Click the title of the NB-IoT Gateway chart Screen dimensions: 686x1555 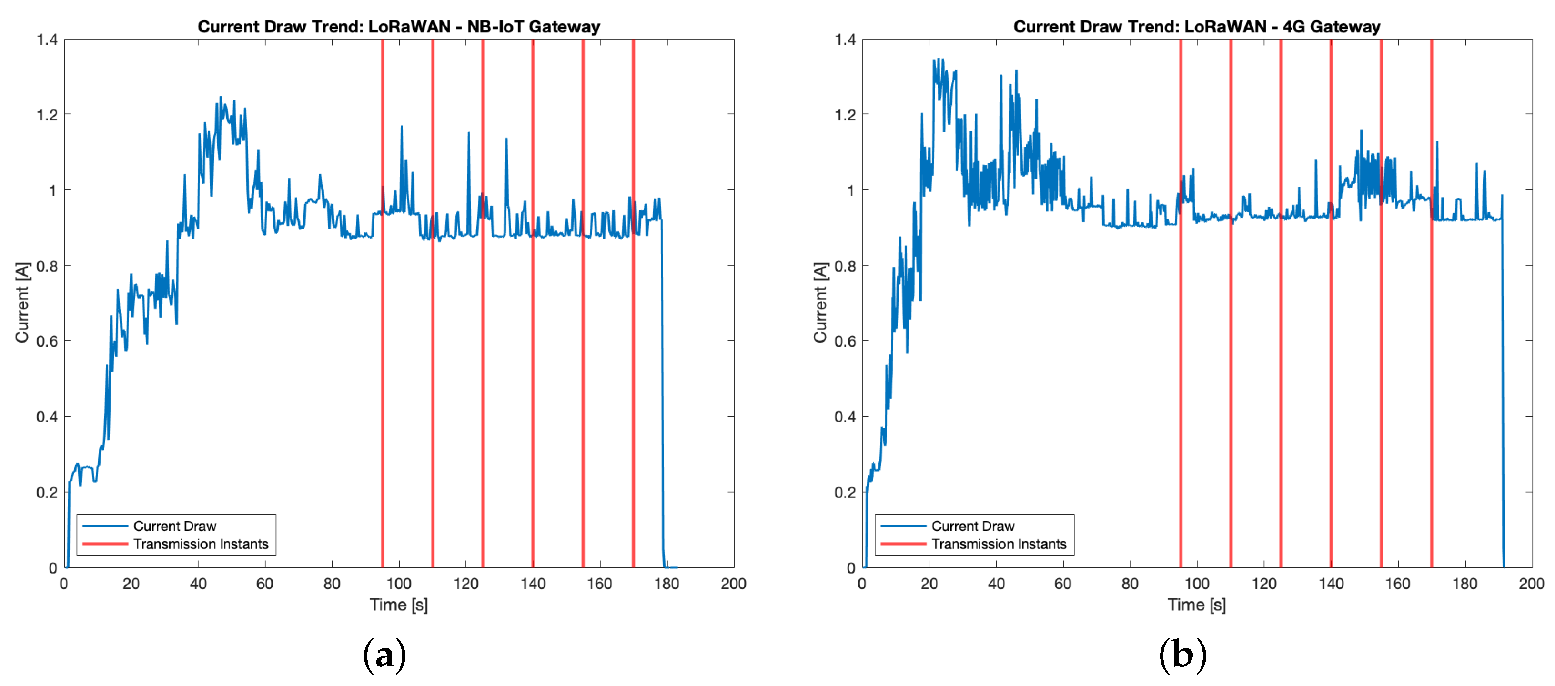(398, 27)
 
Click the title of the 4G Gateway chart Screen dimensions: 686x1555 (1196, 27)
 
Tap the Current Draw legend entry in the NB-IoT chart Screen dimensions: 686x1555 (174, 526)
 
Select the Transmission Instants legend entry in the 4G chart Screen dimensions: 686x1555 (999, 544)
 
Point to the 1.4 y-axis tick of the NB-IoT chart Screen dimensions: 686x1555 (47, 40)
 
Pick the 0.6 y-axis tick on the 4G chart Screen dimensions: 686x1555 (845, 341)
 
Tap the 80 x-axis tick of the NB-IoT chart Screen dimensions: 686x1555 (332, 584)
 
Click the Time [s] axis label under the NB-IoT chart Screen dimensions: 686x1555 (398, 605)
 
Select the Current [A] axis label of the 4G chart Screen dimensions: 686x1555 (820, 303)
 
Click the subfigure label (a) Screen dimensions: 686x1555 (384, 655)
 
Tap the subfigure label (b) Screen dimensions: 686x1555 (1182, 655)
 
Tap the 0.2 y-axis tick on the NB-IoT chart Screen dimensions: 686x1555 (47, 492)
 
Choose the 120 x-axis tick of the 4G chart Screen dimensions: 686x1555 (1264, 584)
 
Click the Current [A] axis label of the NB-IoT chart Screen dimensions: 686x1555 (22, 303)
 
